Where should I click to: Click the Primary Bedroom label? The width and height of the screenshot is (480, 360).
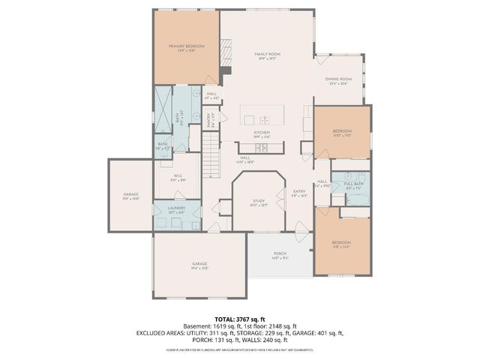click(186, 47)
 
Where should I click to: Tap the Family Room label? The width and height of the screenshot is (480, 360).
click(266, 55)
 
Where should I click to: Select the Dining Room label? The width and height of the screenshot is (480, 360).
click(338, 80)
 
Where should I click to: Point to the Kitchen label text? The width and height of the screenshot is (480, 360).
click(262, 133)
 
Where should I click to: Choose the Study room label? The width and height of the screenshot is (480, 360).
click(259, 202)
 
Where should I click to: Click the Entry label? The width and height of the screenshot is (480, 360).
click(299, 192)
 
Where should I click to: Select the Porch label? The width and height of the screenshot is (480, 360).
click(279, 255)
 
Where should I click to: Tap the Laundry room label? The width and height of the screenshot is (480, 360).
click(176, 209)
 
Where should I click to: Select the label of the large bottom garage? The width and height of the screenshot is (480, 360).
click(199, 265)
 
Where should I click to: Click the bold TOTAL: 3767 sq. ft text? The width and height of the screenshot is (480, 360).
click(240, 319)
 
